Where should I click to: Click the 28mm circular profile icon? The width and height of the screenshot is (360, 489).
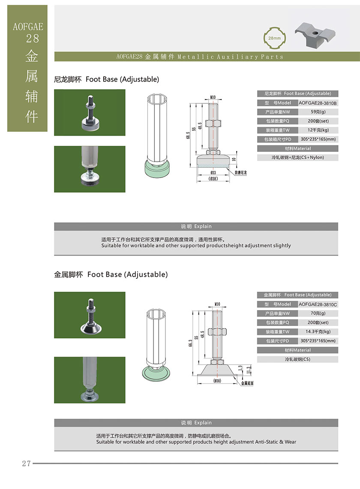pos(274,38)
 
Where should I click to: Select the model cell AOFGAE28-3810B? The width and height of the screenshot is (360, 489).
pos(318,103)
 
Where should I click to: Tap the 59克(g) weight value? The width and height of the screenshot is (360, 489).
pos(318,112)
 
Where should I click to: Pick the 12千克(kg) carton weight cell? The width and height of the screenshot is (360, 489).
pos(318,130)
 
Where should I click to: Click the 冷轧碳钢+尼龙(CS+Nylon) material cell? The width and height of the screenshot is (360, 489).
pos(298,157)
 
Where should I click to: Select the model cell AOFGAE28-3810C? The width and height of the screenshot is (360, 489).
pos(318,305)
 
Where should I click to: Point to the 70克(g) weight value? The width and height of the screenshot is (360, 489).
pos(318,313)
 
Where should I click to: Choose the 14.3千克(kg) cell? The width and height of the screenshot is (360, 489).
pos(318,332)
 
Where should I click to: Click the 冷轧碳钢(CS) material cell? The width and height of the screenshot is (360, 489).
pos(298,359)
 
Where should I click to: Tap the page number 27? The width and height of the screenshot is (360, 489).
pos(26,463)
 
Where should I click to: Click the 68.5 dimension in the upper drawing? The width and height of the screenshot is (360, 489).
pos(188,136)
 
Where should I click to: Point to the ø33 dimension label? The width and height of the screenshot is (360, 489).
pos(213,172)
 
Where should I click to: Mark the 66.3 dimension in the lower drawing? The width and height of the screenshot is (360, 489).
pos(190,343)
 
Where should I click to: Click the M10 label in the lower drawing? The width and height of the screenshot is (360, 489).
pos(217,304)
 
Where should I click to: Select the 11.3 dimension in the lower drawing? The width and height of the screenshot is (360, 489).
pos(249,370)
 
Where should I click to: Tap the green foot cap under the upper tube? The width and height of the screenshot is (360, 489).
pos(157,169)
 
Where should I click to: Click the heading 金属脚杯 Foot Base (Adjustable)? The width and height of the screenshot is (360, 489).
pos(111,275)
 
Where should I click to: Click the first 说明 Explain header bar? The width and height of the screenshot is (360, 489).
pos(196,226)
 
